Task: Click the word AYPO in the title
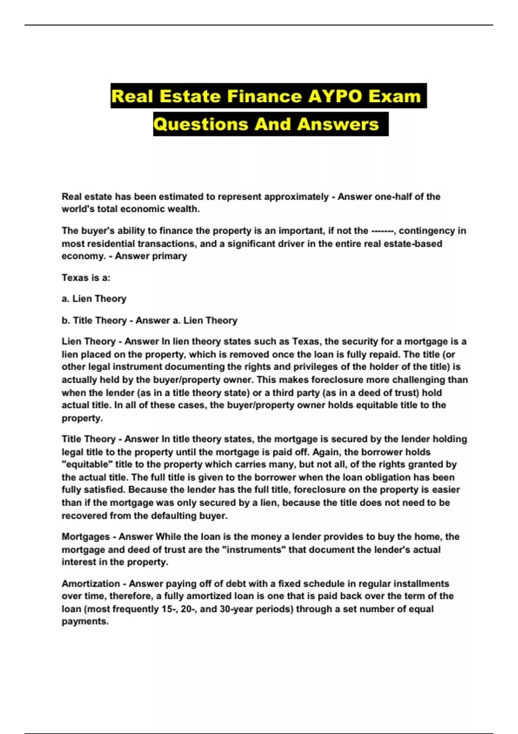tap(335, 96)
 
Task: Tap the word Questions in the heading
tap(200, 124)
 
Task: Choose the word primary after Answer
tap(169, 256)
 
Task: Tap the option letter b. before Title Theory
tap(66, 320)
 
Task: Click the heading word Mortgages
tap(85, 537)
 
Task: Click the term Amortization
tap(90, 584)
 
